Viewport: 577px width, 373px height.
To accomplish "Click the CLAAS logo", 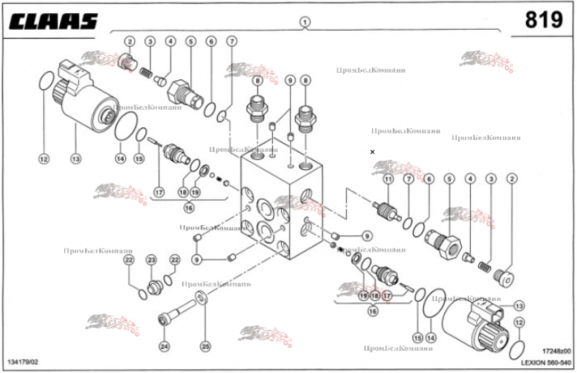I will (x=54, y=21).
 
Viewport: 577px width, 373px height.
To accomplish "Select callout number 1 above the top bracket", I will (x=304, y=21).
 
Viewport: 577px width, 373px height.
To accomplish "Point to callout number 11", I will (x=387, y=179).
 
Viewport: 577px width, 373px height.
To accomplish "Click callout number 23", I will (x=151, y=260).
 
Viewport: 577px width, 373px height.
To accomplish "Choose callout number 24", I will (x=163, y=345).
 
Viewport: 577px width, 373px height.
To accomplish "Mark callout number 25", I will (x=205, y=345).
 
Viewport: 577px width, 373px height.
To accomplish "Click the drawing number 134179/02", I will (x=29, y=361).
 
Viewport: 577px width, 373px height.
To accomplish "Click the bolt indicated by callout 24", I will (x=175, y=313).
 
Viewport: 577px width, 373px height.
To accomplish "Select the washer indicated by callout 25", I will (x=200, y=297).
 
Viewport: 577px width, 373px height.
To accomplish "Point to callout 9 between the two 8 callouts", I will (x=289, y=80).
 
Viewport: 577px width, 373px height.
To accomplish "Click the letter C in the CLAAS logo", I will (x=17, y=21).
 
